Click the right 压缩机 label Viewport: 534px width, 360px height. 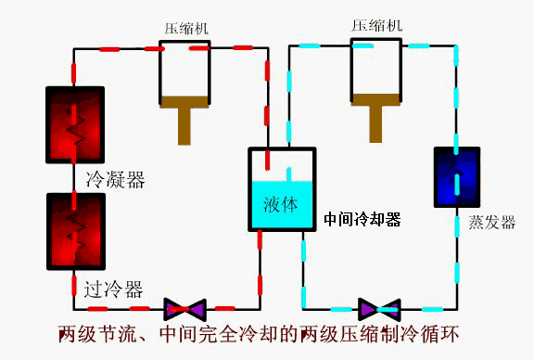tap(375, 25)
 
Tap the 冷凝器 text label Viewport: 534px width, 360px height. tap(115, 179)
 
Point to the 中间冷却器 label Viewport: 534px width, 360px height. tap(362, 219)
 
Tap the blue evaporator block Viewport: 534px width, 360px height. tap(457, 176)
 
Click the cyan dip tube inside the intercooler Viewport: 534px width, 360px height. tap(289, 176)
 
